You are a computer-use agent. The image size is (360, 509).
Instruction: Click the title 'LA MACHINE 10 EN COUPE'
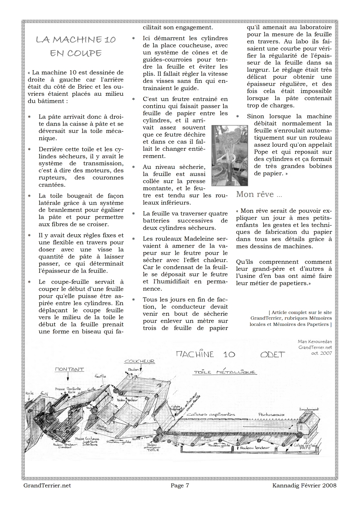pyautogui.click(x=76, y=46)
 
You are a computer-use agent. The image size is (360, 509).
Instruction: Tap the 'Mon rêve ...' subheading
pyautogui.click(x=259, y=194)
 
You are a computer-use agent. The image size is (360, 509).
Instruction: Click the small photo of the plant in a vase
pyautogui.click(x=230, y=155)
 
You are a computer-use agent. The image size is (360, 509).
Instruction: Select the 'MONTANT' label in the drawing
pyautogui.click(x=69, y=369)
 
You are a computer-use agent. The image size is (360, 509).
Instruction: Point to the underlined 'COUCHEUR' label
pyautogui.click(x=140, y=361)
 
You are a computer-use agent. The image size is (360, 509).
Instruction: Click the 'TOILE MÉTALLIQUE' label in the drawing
pyautogui.click(x=225, y=372)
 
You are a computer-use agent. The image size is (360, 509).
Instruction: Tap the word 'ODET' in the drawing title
pyautogui.click(x=273, y=355)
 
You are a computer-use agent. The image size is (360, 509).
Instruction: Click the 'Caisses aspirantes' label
pyautogui.click(x=211, y=414)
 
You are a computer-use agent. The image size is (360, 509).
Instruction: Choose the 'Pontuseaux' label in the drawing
pyautogui.click(x=271, y=414)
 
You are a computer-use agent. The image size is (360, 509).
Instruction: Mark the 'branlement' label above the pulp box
pyautogui.click(x=309, y=409)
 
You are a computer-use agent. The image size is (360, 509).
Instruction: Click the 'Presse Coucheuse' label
pyautogui.click(x=87, y=439)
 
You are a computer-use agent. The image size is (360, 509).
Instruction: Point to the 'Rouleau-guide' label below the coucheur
pyautogui.click(x=119, y=442)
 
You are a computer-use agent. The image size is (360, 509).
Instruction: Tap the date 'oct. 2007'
pyautogui.click(x=321, y=353)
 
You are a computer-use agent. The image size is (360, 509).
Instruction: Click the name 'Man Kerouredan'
pyautogui.click(x=315, y=342)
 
